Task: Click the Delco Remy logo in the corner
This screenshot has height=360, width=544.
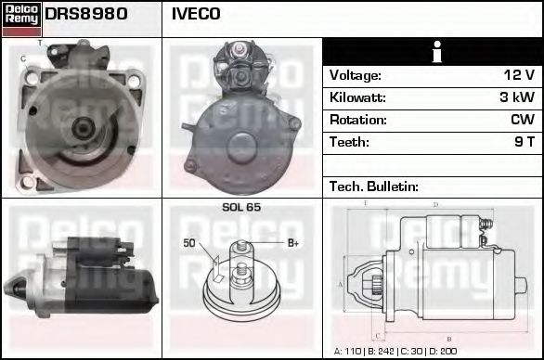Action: point(20,18)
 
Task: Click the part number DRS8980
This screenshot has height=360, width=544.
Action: point(86,15)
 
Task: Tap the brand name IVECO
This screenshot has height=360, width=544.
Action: point(196,15)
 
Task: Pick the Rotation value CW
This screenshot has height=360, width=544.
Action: point(521,120)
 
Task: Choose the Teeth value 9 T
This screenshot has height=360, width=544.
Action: point(524,142)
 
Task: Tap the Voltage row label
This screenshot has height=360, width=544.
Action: point(356,75)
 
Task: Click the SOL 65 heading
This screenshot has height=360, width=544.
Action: point(241,207)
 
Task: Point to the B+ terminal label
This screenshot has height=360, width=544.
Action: point(292,243)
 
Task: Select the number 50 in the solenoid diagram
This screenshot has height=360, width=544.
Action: point(189,243)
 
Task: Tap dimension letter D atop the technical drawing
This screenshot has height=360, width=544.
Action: point(435,204)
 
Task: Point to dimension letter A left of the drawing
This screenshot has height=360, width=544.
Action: point(340,284)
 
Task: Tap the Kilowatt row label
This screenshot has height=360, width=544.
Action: point(357,97)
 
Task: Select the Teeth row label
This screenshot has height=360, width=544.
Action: point(349,142)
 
